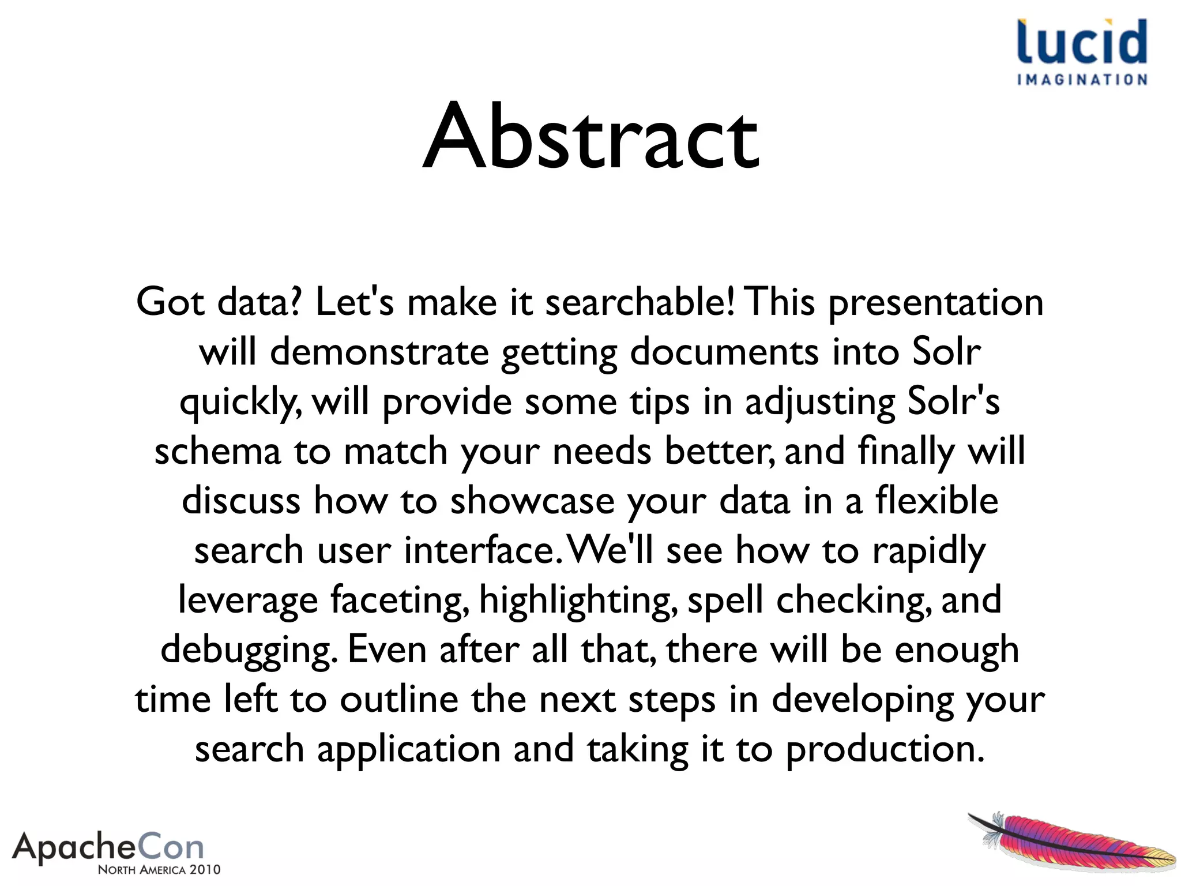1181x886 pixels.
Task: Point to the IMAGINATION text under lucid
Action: tap(1082, 80)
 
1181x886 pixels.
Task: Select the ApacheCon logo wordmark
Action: tap(108, 847)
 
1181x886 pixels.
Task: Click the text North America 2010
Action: tap(159, 870)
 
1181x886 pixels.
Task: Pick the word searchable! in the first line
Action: tap(640, 302)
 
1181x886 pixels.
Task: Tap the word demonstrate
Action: tap(379, 352)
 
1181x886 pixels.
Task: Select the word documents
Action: tap(724, 352)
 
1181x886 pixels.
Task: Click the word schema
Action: tap(217, 451)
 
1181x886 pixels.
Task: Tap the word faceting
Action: tap(399, 601)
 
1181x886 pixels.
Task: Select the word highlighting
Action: tap(578, 601)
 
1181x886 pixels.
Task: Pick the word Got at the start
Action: tap(170, 302)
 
